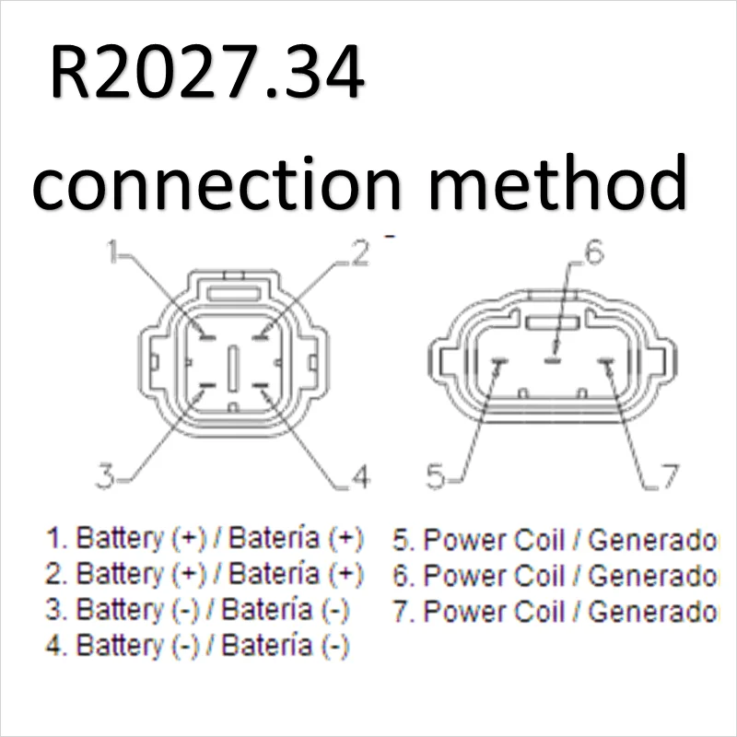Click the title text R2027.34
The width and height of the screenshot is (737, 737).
click(x=206, y=76)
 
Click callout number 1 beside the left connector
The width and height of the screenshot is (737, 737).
click(x=114, y=252)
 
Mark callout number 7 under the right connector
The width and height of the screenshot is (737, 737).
click(x=670, y=476)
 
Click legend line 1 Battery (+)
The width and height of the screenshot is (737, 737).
click(x=205, y=538)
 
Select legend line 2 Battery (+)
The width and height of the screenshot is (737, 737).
click(x=205, y=574)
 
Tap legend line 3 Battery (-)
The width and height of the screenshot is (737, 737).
click(x=198, y=610)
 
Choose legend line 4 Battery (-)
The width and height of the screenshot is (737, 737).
click(x=198, y=646)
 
